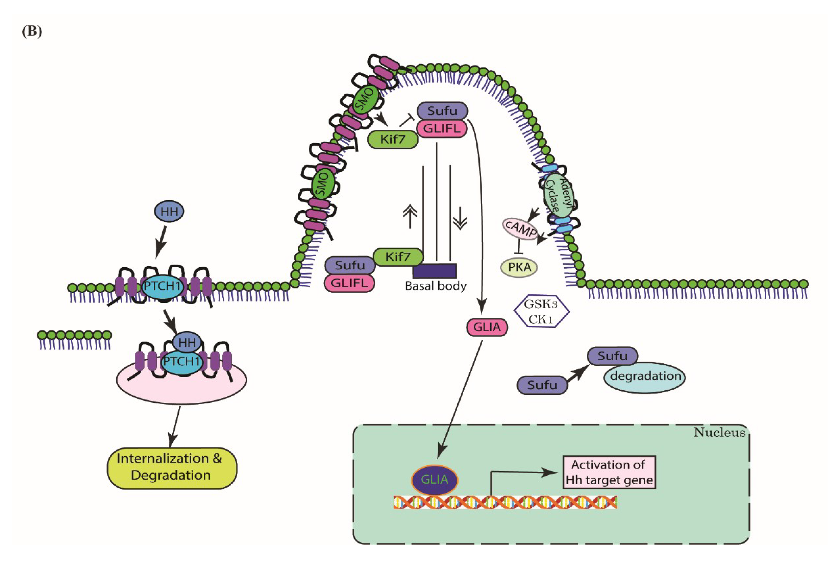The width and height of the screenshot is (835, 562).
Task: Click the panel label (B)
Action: pyautogui.click(x=32, y=32)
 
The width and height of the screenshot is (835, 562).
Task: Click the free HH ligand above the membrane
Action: pyautogui.click(x=169, y=211)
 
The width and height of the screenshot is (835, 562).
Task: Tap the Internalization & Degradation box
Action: pyautogui.click(x=172, y=468)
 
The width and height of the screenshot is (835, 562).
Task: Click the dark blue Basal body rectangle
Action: pyautogui.click(x=434, y=271)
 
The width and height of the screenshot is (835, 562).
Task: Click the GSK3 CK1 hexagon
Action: pyautogui.click(x=541, y=311)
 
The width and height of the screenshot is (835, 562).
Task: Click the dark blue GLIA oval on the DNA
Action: pyautogui.click(x=435, y=480)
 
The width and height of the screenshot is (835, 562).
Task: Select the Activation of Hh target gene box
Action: pyautogui.click(x=609, y=472)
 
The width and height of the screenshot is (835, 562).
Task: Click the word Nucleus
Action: pyautogui.click(x=719, y=433)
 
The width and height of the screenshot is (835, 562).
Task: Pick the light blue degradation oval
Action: pyautogui.click(x=644, y=377)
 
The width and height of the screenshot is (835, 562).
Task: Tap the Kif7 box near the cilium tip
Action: pyautogui.click(x=393, y=139)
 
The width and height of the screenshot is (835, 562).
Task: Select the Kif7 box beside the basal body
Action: pyautogui.click(x=398, y=257)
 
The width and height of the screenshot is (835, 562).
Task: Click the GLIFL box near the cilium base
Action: pyautogui.click(x=349, y=283)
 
